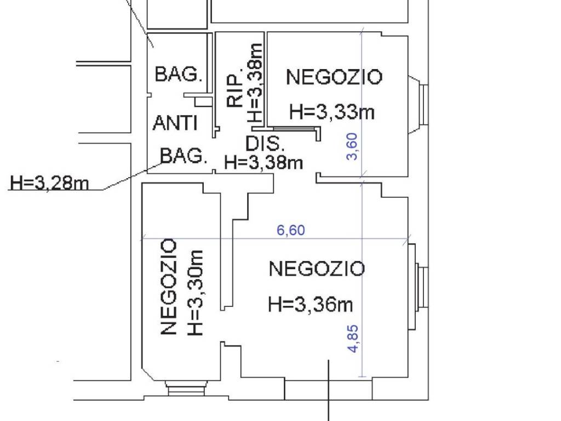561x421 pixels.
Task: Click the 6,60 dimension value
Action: (291, 230)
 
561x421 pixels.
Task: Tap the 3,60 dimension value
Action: (352, 146)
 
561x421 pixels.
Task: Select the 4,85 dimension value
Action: (353, 339)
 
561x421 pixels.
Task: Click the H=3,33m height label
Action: (331, 111)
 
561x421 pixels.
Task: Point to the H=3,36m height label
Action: (311, 305)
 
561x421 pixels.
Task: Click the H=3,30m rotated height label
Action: (196, 293)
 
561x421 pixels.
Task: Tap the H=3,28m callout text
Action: (49, 183)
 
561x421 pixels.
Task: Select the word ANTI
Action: (175, 123)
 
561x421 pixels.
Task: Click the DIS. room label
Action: (265, 144)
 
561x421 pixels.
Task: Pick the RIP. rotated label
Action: (235, 90)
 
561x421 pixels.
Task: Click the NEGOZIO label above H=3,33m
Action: (335, 77)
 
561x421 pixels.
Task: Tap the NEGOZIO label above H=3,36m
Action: (317, 269)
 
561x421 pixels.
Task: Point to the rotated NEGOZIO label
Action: (169, 287)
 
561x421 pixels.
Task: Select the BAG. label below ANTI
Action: (184, 156)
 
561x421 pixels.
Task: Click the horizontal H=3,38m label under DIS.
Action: (264, 162)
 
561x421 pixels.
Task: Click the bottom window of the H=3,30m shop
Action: (186, 389)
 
